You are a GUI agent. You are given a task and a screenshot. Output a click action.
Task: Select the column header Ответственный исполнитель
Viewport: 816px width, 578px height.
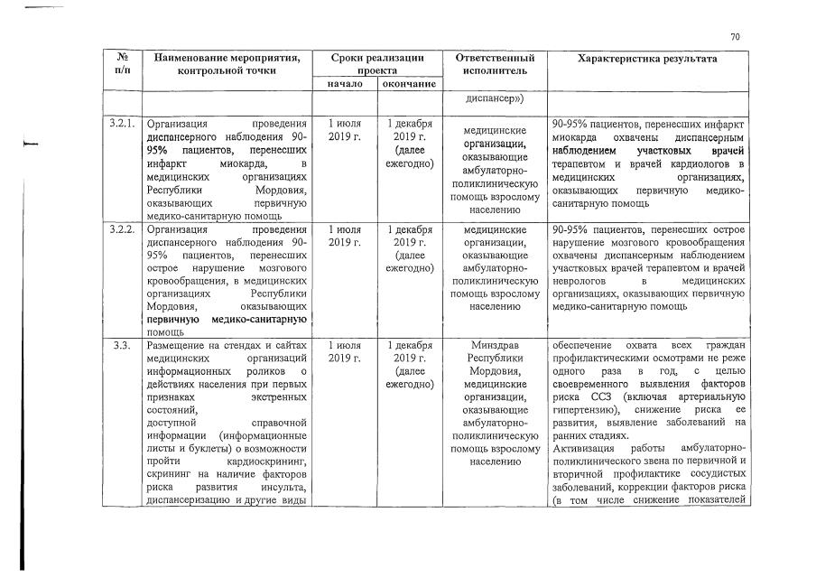[491, 63]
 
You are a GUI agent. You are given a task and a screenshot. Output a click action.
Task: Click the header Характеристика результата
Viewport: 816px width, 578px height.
[647, 58]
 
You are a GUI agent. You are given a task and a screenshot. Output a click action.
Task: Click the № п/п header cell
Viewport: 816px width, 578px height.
[122, 63]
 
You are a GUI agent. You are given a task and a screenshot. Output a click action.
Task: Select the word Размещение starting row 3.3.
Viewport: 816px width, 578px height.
[177, 346]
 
